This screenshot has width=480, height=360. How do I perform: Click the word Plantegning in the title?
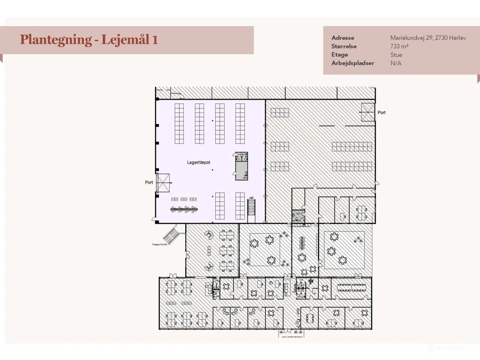point(55,39)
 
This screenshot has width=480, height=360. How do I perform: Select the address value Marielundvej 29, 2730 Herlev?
point(428,38)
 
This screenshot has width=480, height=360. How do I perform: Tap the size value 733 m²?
point(399,46)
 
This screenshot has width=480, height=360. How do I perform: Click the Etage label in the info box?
point(339,55)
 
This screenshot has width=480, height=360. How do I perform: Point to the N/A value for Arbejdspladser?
point(396,63)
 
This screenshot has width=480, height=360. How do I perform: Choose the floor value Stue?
point(396,55)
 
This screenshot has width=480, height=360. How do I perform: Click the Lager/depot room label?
point(198,162)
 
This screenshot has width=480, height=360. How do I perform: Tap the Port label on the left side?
point(149,182)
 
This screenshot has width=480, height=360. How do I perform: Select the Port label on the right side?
point(381,112)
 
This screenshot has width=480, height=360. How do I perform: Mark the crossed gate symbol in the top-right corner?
point(367,112)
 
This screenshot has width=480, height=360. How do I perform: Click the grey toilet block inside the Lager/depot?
point(241,166)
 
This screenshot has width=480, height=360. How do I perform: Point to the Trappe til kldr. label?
point(159,244)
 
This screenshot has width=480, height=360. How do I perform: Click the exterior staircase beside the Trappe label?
point(171,235)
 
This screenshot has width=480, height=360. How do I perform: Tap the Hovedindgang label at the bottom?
point(292,336)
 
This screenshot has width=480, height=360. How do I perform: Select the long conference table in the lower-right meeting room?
point(351,288)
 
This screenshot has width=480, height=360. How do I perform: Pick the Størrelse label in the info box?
point(343,46)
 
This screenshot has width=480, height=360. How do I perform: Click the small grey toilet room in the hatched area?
point(298,216)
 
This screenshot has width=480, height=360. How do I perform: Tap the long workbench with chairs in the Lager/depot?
point(184,210)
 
